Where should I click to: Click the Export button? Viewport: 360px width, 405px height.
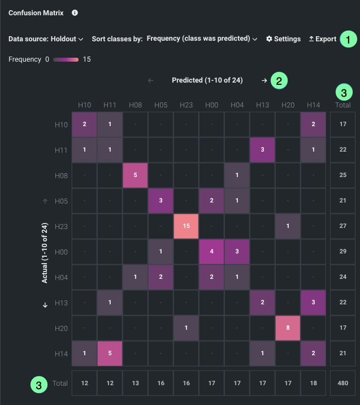tap(322, 39)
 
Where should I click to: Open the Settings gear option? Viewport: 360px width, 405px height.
tap(283, 39)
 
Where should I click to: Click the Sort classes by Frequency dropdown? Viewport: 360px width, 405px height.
tap(202, 39)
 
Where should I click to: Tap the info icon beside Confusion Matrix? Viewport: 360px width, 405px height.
tap(75, 12)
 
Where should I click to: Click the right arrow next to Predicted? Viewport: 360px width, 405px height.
tap(264, 80)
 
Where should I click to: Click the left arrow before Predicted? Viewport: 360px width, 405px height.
tap(150, 80)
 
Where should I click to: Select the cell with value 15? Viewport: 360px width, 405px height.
tap(186, 226)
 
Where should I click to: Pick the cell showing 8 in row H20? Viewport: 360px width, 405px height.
tap(288, 328)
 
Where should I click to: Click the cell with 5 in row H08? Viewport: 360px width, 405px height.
tap(135, 175)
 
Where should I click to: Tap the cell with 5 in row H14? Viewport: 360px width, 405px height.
tap(110, 353)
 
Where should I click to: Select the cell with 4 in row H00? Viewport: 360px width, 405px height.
tap(211, 251)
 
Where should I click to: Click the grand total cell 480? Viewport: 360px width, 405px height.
tap(342, 383)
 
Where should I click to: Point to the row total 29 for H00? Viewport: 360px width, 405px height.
tap(342, 251)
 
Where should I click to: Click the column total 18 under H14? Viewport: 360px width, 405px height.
tap(313, 383)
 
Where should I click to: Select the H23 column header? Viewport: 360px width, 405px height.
tap(186, 105)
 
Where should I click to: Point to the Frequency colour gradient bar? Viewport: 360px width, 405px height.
tap(66, 59)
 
